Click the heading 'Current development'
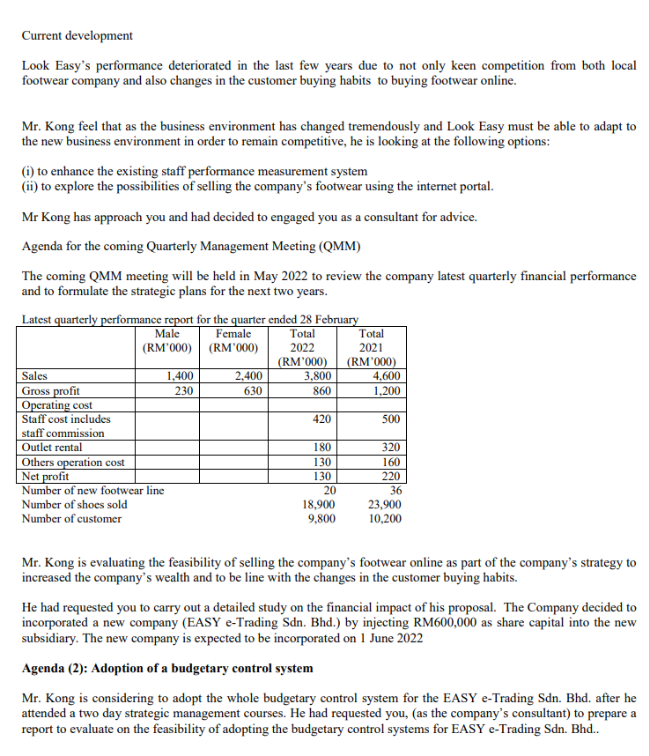(78, 35)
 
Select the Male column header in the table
(166, 334)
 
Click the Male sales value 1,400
(181, 375)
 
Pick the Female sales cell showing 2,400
(248, 375)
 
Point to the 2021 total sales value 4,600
(385, 375)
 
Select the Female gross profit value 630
(253, 390)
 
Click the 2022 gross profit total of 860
(321, 390)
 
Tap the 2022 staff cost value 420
(321, 419)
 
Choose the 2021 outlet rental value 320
(390, 448)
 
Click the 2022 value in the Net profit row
(321, 476)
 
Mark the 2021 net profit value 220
(390, 476)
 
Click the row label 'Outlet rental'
(52, 448)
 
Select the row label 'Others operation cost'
(72, 462)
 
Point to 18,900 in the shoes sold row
(318, 504)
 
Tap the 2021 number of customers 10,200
(385, 518)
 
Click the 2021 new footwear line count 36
(394, 490)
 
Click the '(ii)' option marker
(29, 186)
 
